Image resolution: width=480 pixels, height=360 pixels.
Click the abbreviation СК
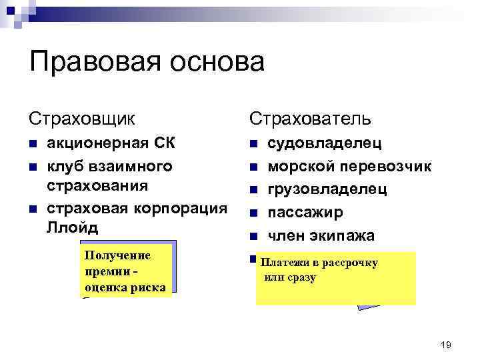pos(165,143)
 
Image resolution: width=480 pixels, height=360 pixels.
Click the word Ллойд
pos(73,227)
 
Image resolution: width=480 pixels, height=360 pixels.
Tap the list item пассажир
pos(305,213)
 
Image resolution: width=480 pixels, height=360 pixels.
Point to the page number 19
pos(446,344)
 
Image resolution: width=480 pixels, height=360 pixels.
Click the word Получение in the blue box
pos(118,256)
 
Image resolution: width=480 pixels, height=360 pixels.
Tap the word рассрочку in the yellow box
pos(349,263)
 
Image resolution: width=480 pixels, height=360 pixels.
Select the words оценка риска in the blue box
pos(125,287)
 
